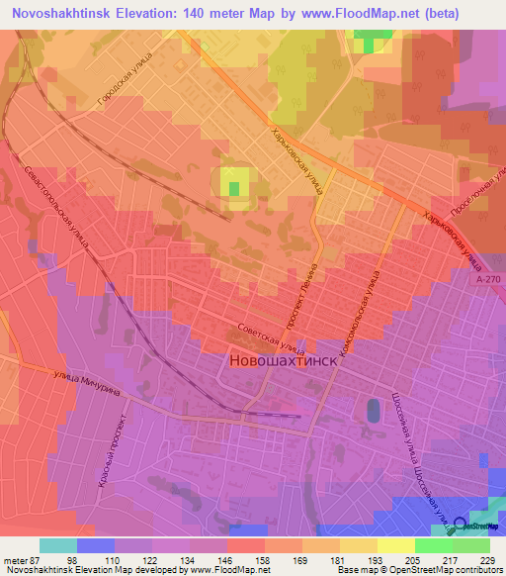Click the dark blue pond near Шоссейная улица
pos(372,409)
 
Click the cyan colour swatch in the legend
pos(58,545)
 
